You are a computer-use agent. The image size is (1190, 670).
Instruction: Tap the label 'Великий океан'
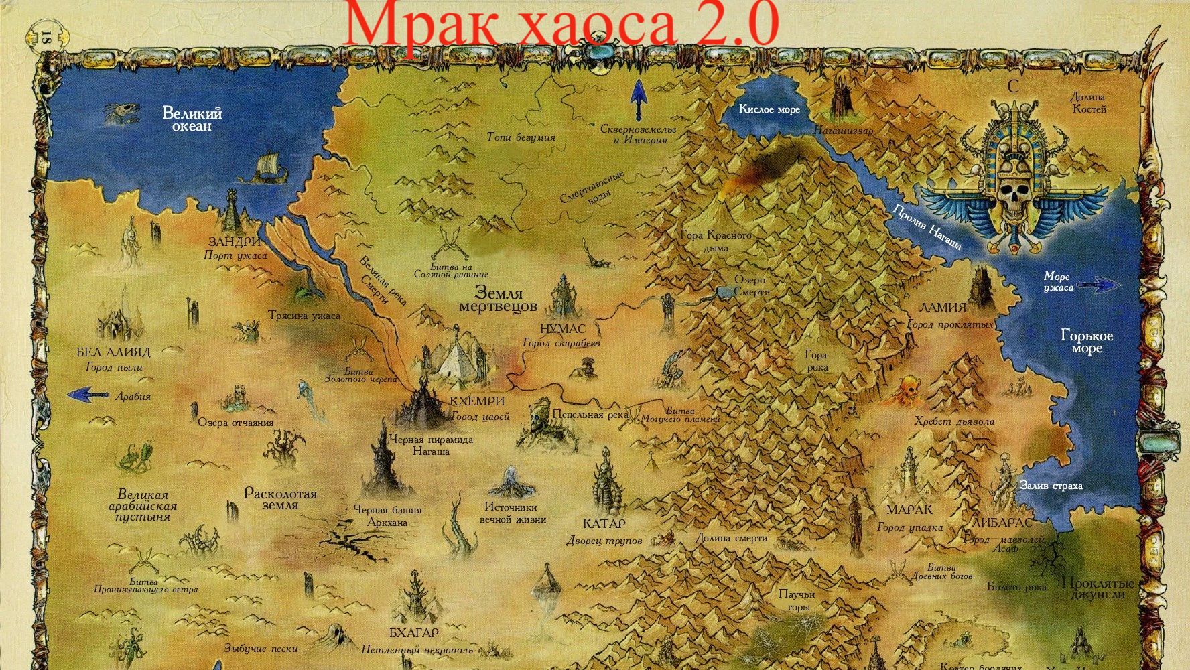click(x=192, y=119)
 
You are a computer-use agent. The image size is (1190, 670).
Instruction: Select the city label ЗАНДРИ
click(x=234, y=241)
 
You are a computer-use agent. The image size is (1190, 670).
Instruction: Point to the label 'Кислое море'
click(x=769, y=109)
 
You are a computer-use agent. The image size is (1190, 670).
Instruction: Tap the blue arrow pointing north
click(x=637, y=100)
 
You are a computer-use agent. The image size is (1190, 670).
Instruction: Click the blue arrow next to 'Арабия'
click(x=88, y=395)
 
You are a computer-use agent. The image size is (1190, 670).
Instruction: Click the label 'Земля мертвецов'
click(x=498, y=299)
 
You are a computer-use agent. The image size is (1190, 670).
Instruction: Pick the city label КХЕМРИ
click(x=477, y=401)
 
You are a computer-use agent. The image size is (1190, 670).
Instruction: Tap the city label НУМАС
click(x=562, y=329)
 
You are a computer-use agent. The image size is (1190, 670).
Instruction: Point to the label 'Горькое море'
click(x=1086, y=342)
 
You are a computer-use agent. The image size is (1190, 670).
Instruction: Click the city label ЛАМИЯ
click(x=943, y=308)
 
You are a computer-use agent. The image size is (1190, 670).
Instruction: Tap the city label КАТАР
click(x=604, y=523)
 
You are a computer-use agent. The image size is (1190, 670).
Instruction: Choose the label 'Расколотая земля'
click(x=280, y=499)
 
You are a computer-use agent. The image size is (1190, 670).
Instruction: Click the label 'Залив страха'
click(x=1051, y=486)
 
